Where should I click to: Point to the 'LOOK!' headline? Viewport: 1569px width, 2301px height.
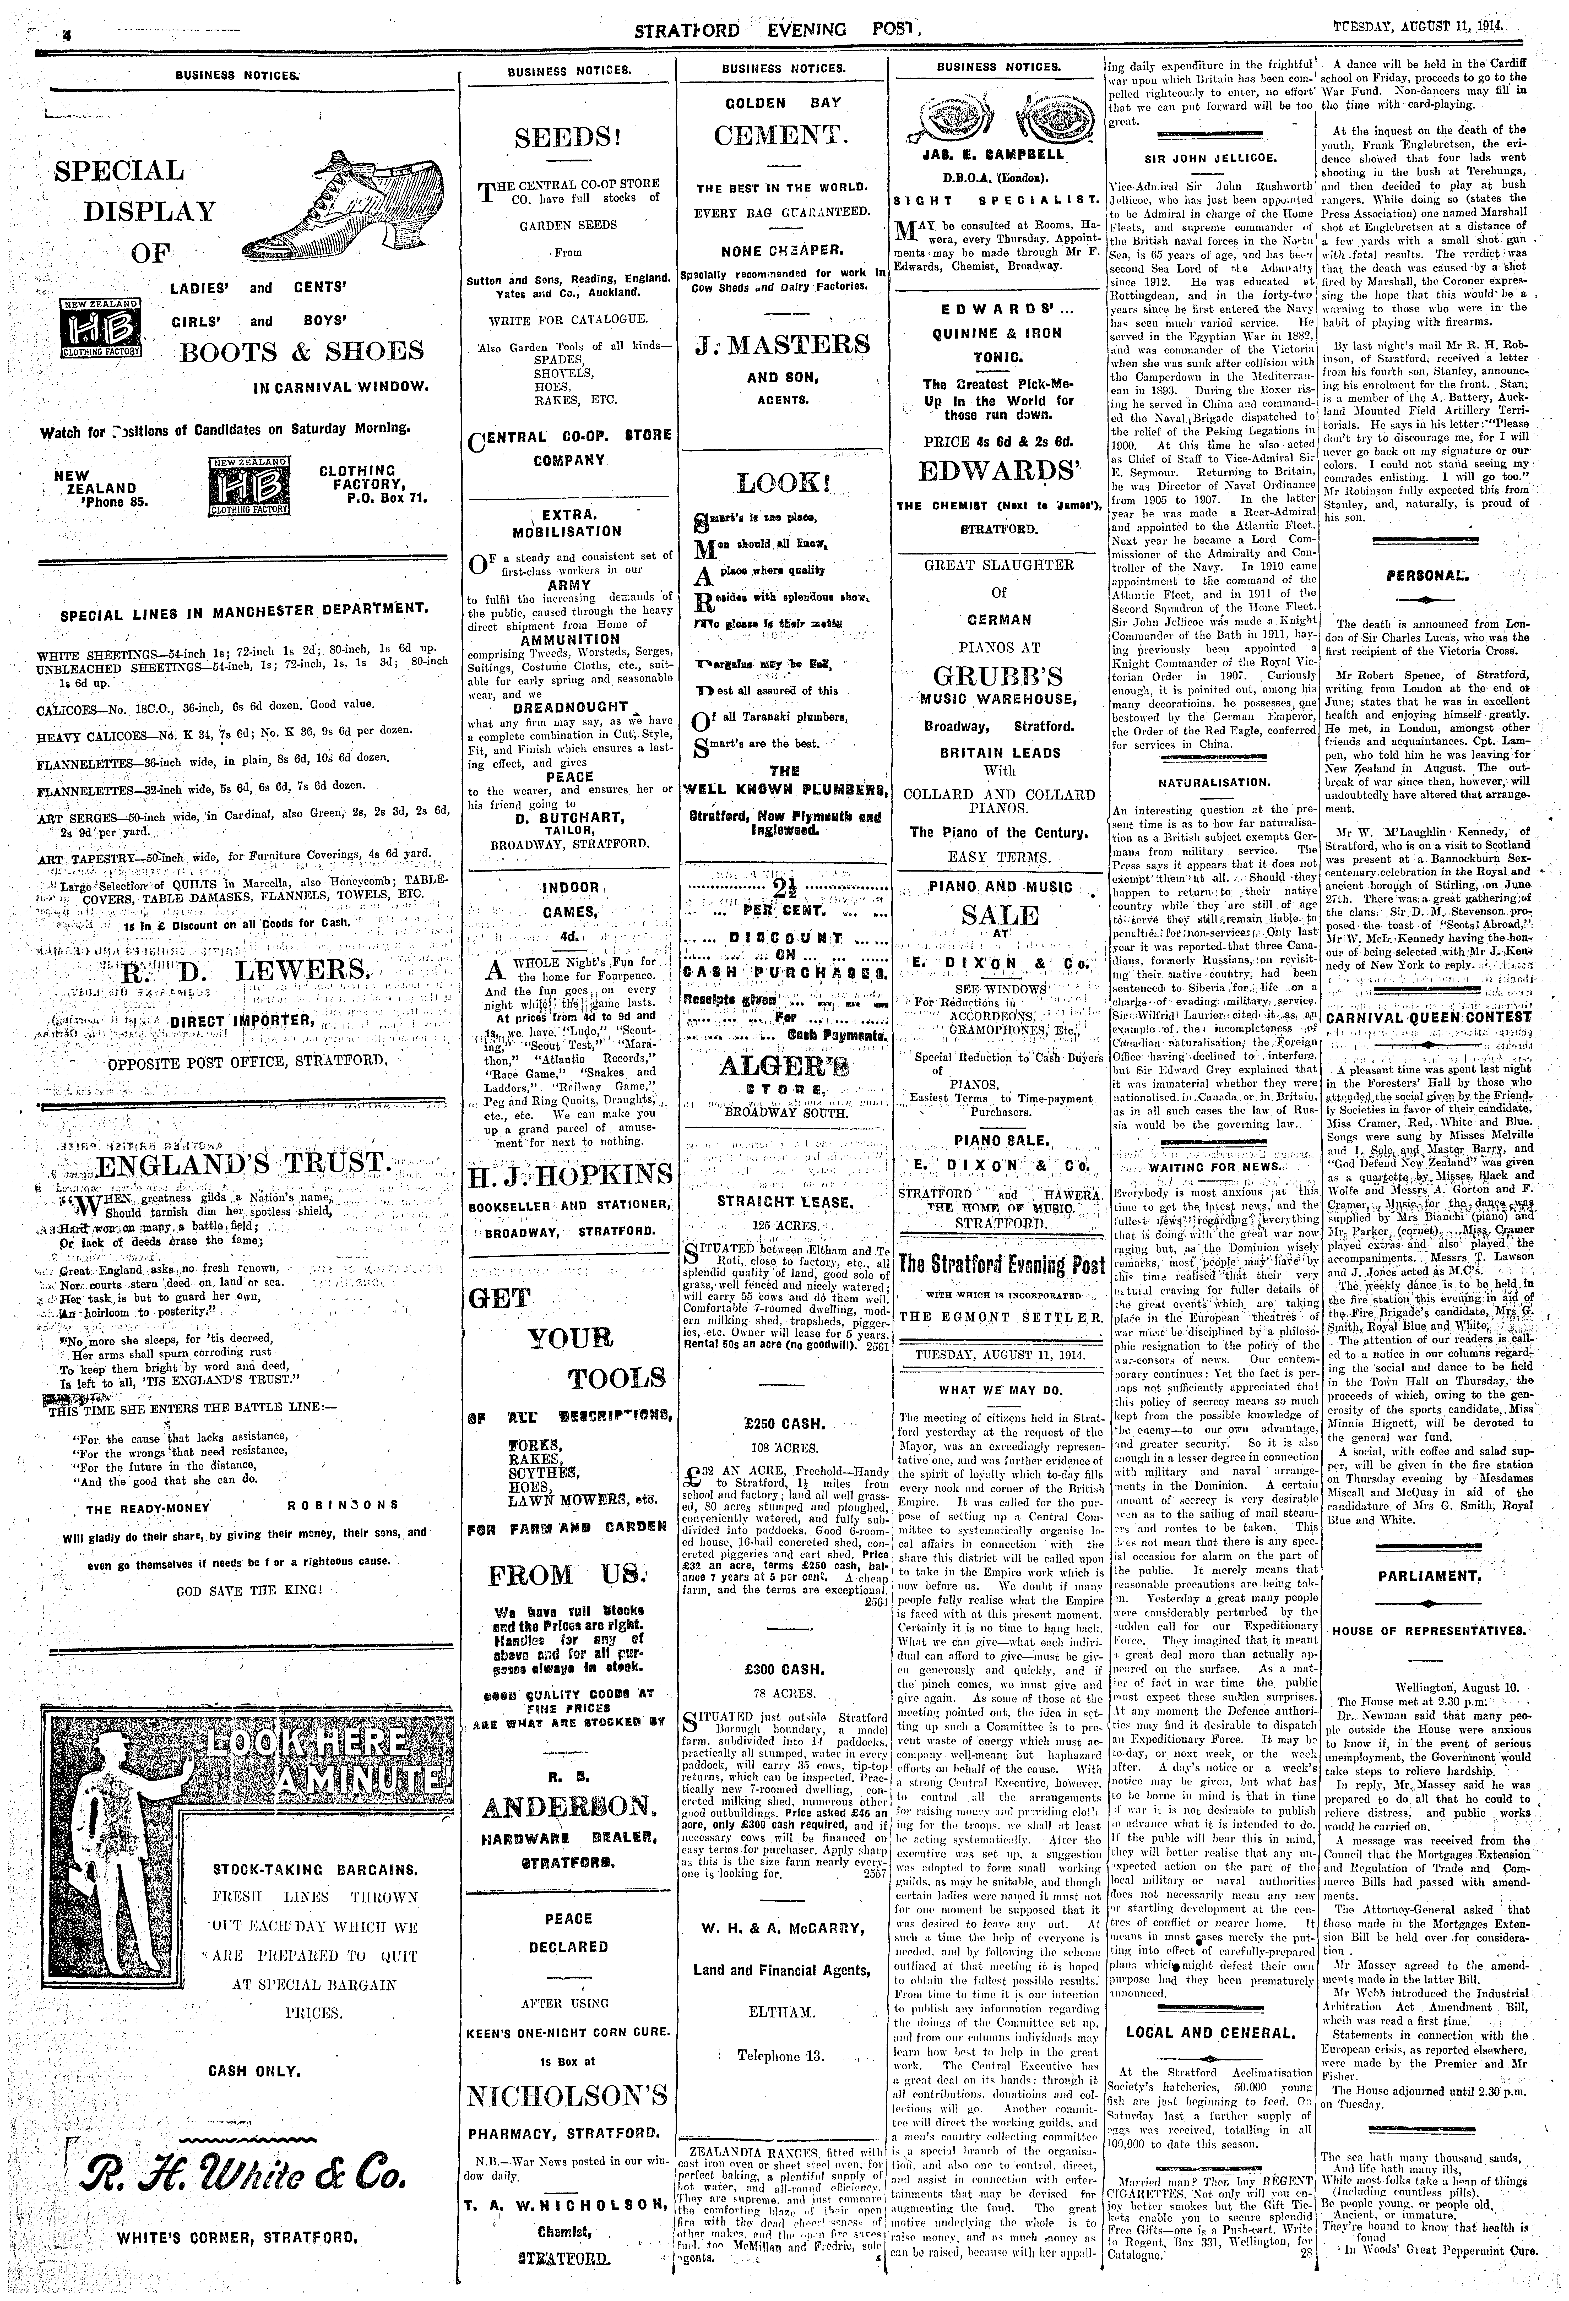pos(783,484)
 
